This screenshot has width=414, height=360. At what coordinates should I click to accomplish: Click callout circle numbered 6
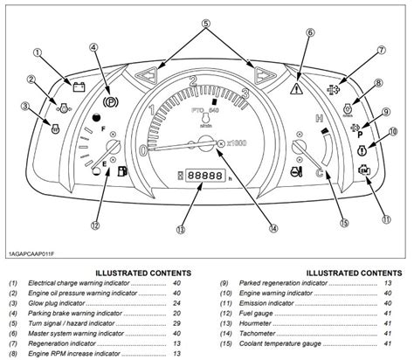coord(308,34)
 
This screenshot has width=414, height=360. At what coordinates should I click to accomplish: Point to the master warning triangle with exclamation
coord(298,88)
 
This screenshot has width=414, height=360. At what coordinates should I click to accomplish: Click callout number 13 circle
coord(180,232)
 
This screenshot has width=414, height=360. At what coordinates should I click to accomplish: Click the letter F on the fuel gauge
coord(105,129)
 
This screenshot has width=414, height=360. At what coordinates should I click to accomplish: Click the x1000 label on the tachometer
coord(238,142)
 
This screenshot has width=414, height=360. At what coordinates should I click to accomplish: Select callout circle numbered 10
coord(392,131)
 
